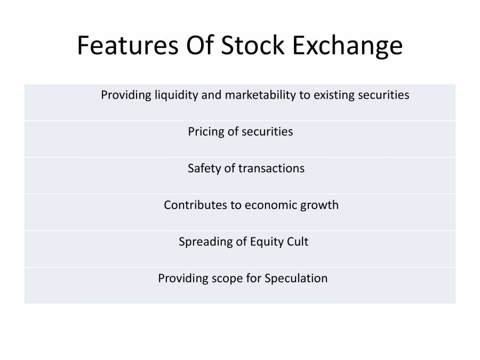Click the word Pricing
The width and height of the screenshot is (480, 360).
pyautogui.click(x=205, y=132)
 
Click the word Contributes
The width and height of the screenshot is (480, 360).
pyautogui.click(x=195, y=205)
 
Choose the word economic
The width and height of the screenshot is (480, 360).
pyautogui.click(x=270, y=205)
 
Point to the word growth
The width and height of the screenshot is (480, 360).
pyautogui.click(x=319, y=205)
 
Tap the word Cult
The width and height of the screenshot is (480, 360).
pyautogui.click(x=297, y=242)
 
